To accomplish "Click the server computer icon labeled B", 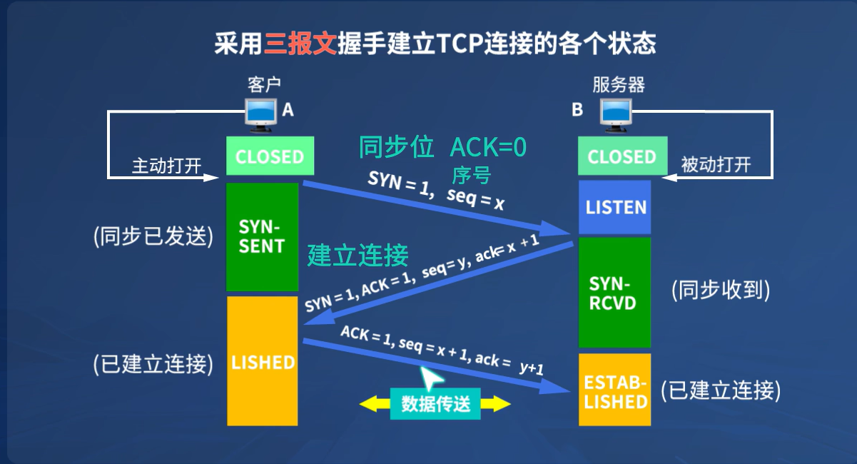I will click(615, 114).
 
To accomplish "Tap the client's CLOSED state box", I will click(269, 157).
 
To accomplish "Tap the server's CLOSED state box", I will click(621, 157).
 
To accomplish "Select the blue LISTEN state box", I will click(615, 208).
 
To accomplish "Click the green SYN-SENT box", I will click(262, 237).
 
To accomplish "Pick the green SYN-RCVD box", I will click(614, 293).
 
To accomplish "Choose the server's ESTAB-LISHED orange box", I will click(615, 390).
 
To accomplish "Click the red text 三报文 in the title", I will click(300, 44).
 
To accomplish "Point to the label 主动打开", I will click(166, 166).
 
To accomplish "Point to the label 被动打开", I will click(716, 166).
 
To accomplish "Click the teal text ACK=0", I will click(488, 147).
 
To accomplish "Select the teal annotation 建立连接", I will click(358, 256).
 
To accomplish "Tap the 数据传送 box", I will click(435, 404).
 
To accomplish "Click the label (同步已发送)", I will click(153, 236).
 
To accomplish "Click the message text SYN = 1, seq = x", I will click(436, 191).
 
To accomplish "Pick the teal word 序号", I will click(472, 174).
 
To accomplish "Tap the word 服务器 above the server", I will click(619, 86).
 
